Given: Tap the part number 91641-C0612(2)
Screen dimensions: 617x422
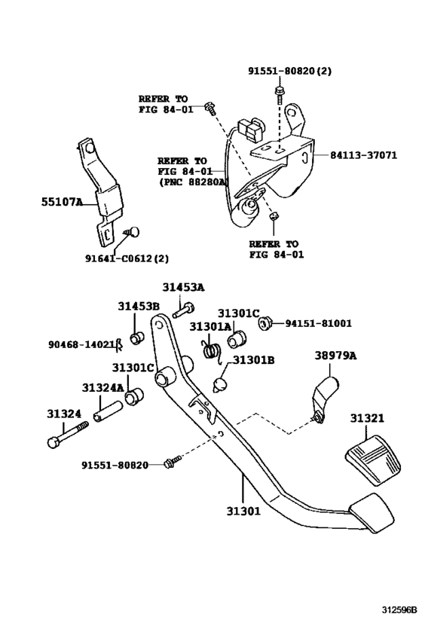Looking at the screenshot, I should [127, 258].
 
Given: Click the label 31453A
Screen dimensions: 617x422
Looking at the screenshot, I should [183, 287].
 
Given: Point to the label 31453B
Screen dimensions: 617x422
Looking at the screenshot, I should [138, 306].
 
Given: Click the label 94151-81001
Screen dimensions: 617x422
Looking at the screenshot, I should [318, 323].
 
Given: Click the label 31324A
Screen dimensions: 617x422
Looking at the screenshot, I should [102, 389].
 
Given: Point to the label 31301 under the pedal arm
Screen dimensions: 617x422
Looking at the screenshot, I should [243, 511].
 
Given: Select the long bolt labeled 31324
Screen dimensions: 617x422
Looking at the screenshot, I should [68, 435].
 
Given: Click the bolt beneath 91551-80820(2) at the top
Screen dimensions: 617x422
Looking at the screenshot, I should [279, 93].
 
